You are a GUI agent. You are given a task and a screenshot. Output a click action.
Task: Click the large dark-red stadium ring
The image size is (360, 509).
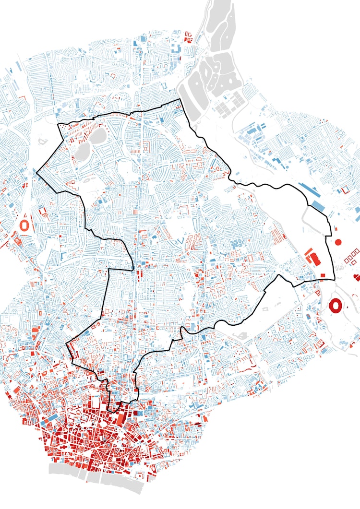coord(336,305)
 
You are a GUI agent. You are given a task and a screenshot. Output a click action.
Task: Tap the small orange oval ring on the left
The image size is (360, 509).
coord(24,224)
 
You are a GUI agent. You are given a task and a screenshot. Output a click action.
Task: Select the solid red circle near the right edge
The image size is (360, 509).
coord(338,242)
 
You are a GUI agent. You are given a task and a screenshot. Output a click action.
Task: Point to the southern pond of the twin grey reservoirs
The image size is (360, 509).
coord(81,153)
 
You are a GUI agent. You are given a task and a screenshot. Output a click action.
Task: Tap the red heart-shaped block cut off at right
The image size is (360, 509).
coord(356,277)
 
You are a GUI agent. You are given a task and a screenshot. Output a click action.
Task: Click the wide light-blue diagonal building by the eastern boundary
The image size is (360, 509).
coord(318,206)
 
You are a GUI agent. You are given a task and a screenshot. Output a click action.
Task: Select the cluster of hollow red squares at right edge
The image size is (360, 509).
coord(353,257)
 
